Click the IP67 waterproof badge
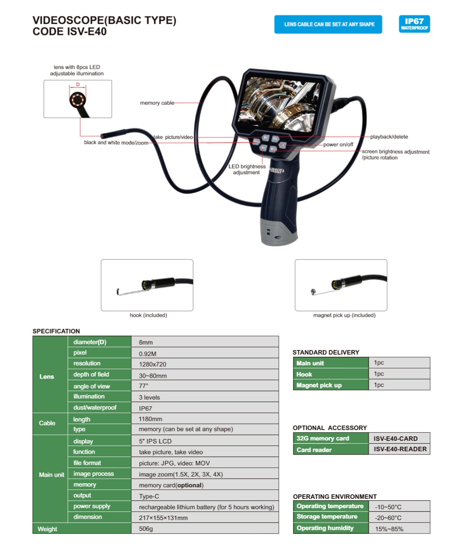pos(414,24)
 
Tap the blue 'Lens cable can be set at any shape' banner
pos(328,25)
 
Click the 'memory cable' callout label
pos(157,103)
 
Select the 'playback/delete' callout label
pos(389,137)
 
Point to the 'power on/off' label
pos(338,145)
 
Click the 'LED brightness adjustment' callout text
pos(247,169)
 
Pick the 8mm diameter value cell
pos(146,342)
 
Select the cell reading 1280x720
pos(152,364)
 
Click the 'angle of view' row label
pos(91,386)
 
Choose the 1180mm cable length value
pos(150,419)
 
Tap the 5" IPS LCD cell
pos(155,441)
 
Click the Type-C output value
pos(149,496)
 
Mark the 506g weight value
pos(146,529)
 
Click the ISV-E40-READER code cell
pos(400,449)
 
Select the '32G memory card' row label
pos(323,438)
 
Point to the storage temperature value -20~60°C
pos(388,518)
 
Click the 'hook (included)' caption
pos(148,315)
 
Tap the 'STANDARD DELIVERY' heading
pos(326,352)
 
